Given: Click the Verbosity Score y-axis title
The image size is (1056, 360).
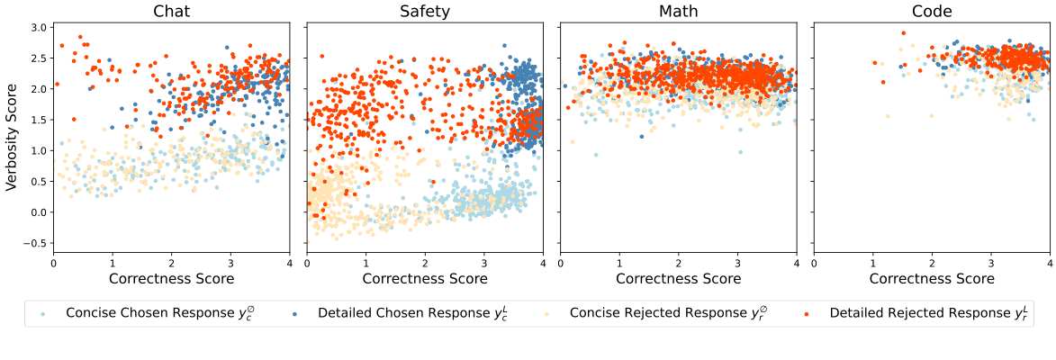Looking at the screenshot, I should [x=12, y=139].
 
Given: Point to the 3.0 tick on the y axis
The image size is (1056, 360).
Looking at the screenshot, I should [x=38, y=28].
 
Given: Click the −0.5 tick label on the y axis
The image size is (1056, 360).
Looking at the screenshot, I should [x=35, y=243].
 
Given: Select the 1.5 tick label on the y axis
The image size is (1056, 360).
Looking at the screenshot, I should [x=38, y=120].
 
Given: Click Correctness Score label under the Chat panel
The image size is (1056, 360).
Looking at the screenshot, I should [x=171, y=279].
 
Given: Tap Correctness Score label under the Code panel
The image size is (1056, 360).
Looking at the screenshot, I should [x=932, y=279].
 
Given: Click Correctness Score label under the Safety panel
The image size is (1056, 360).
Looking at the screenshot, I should [x=425, y=279].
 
